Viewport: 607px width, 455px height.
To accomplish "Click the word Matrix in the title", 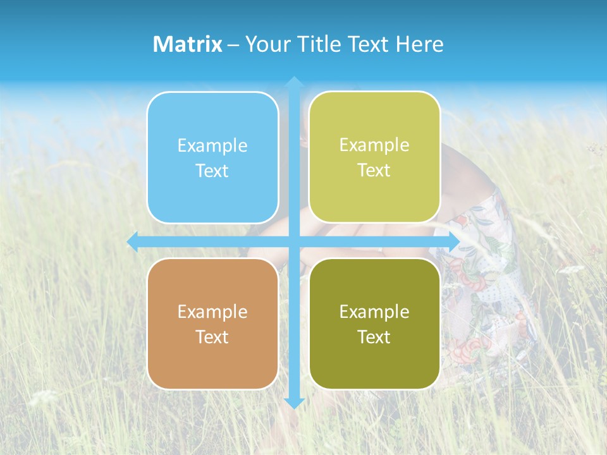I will pyautogui.click(x=187, y=44).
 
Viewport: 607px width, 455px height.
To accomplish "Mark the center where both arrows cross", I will pyautogui.click(x=293, y=242).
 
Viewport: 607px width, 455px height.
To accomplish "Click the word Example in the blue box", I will pyautogui.click(x=212, y=146).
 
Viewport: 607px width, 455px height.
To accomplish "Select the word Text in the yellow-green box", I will pyautogui.click(x=374, y=171).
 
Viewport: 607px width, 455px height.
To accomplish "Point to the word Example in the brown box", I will pyautogui.click(x=212, y=312).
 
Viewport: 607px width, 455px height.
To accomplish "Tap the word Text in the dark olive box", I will pyautogui.click(x=374, y=337).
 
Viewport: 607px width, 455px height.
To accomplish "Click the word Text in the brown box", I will pyautogui.click(x=212, y=337).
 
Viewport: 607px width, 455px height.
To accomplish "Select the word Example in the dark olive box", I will pyautogui.click(x=374, y=312).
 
